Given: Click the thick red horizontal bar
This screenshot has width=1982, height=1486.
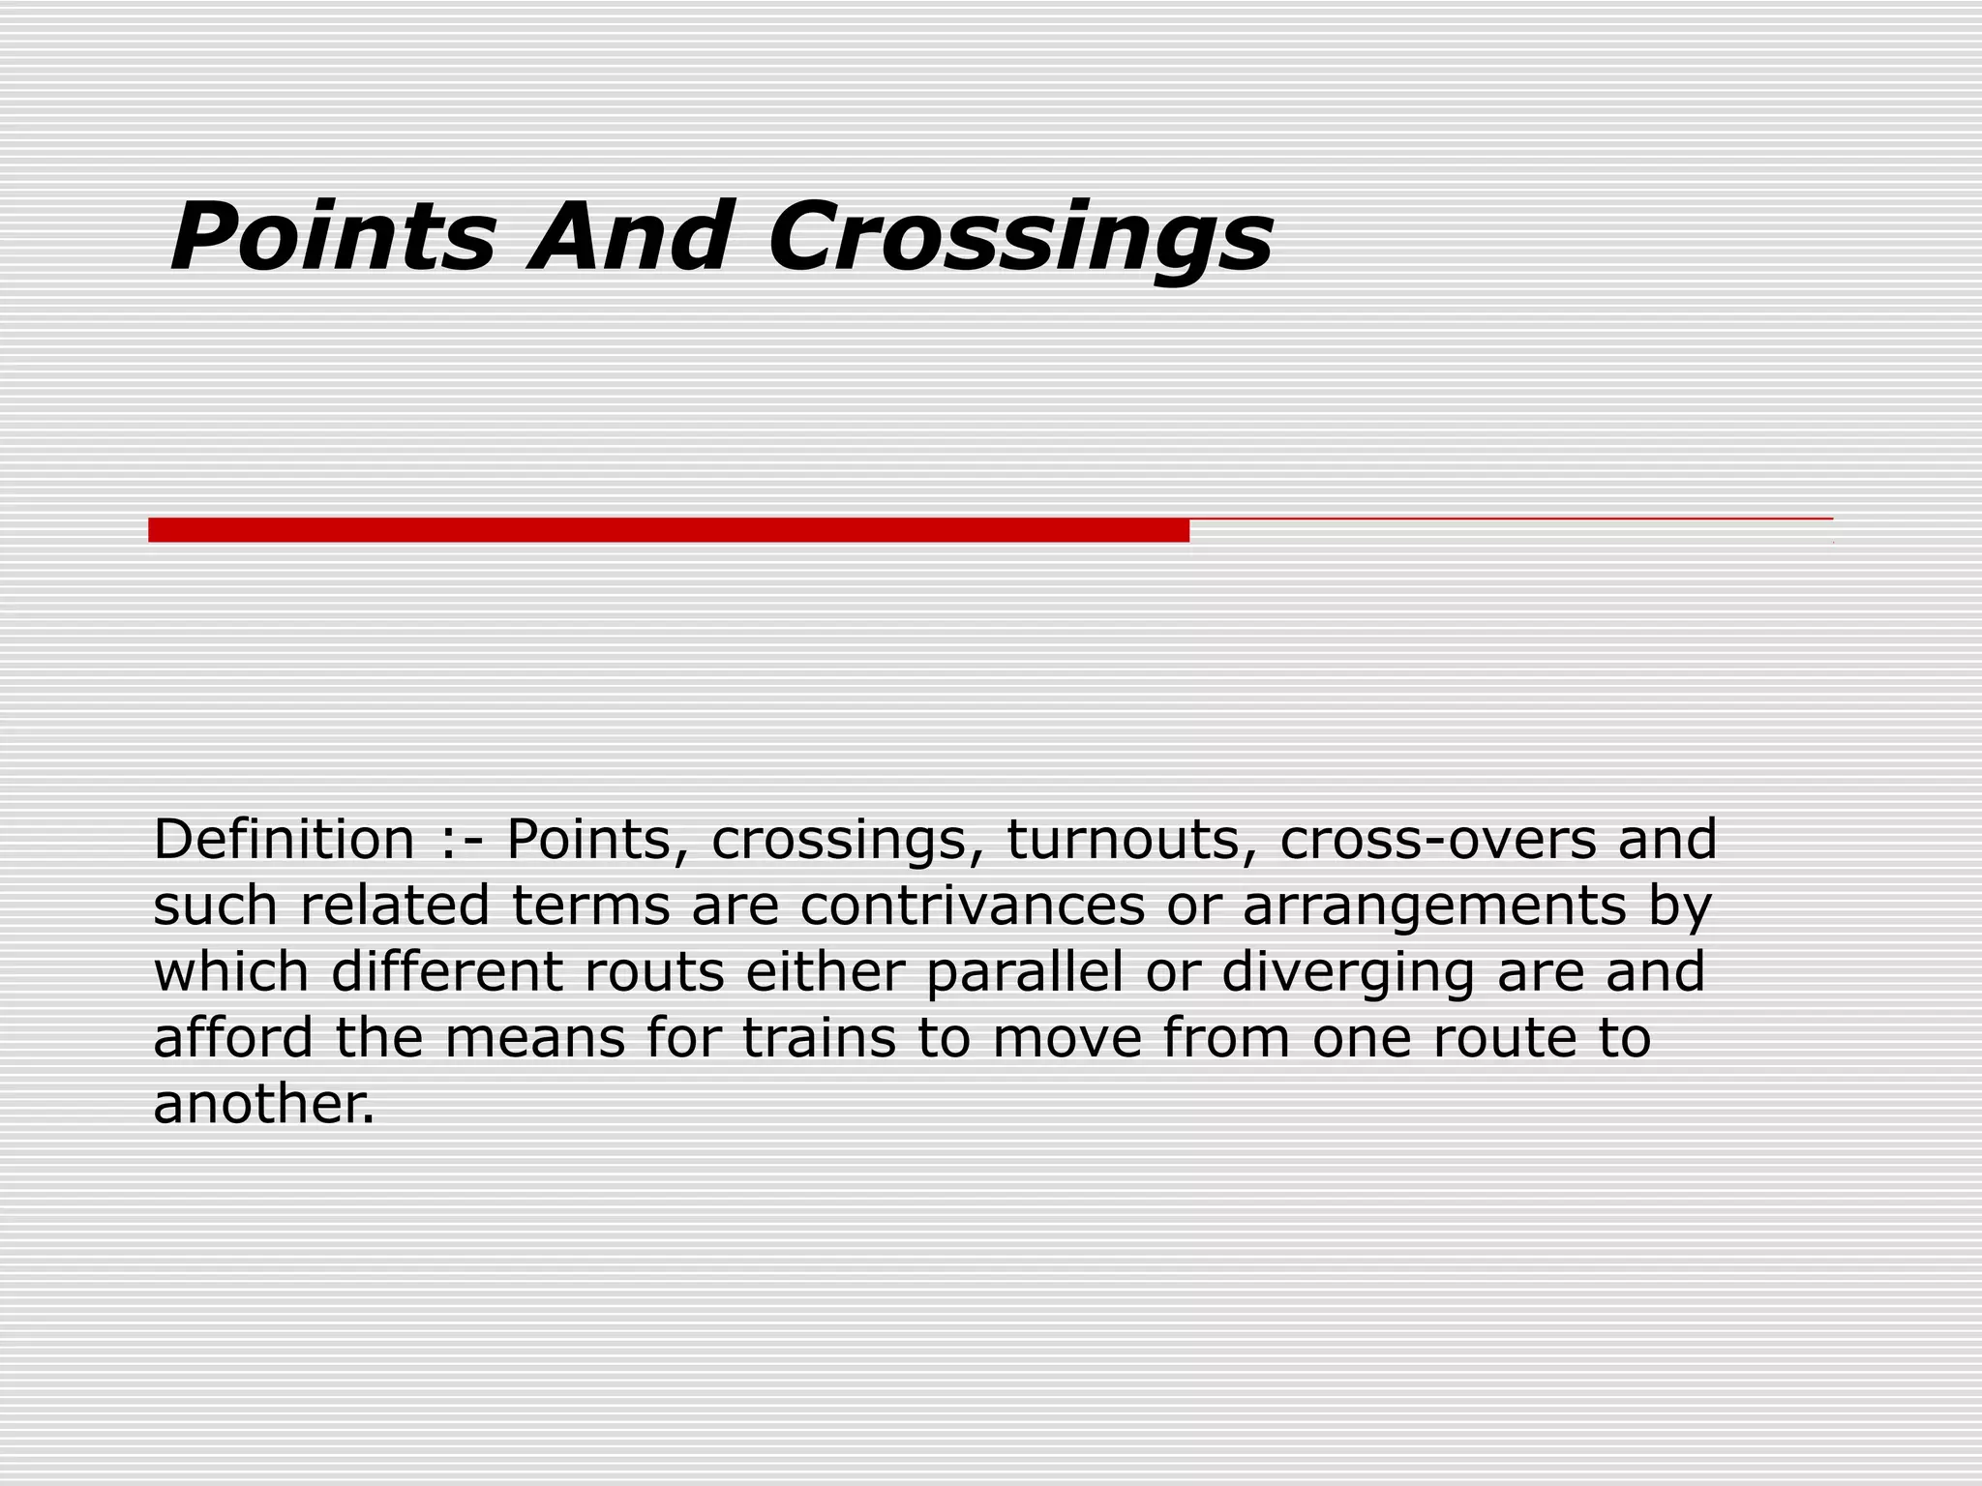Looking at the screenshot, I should [668, 530].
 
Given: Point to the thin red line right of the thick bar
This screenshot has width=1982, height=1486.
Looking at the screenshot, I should [1510, 520].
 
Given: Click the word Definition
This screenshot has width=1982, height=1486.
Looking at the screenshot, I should [284, 839].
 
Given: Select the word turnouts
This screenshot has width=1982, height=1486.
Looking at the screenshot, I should [1124, 839].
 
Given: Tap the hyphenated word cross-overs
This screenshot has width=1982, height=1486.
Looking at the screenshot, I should [1437, 839].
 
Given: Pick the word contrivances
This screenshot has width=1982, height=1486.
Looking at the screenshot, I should [972, 906].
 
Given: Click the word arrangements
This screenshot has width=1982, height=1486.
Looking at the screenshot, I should [1434, 907].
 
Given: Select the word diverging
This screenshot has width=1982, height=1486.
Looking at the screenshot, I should [1348, 973].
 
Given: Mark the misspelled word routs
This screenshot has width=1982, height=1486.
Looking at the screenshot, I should [654, 972].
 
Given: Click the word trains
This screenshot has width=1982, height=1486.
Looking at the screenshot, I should [819, 1038].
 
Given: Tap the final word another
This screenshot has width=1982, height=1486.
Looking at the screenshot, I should [263, 1104].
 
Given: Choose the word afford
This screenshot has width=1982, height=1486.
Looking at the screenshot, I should [233, 1038].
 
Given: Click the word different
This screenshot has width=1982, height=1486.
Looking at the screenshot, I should [446, 971].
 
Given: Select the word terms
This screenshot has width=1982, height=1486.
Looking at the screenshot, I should [590, 906].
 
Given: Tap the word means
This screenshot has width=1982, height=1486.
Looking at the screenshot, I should [535, 1039].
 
